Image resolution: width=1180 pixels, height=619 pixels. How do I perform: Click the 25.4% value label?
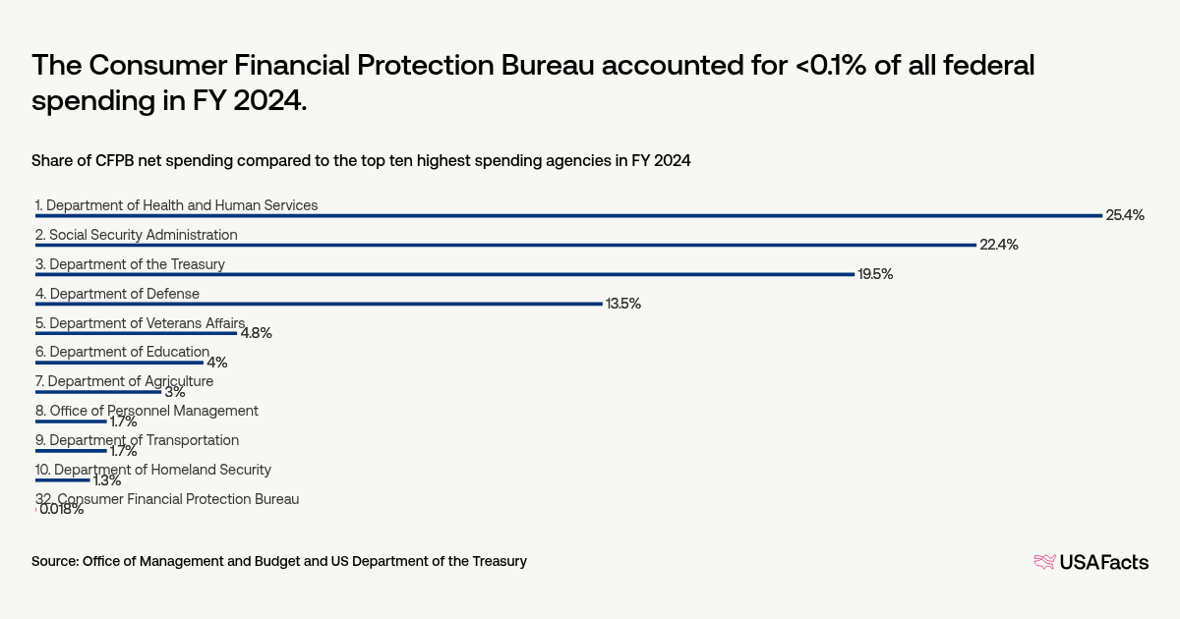(x=1125, y=215)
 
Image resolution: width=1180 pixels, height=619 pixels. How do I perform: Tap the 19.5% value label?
(x=875, y=274)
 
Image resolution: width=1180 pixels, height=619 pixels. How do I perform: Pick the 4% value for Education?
(x=216, y=363)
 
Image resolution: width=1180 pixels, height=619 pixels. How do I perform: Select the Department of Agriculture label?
(x=131, y=381)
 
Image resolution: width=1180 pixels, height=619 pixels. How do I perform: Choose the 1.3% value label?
(x=106, y=480)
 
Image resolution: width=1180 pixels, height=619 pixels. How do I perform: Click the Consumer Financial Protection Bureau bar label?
(x=167, y=499)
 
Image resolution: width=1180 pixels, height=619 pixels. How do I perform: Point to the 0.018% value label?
(x=61, y=510)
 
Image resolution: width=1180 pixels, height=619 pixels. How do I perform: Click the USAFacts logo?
(x=1091, y=562)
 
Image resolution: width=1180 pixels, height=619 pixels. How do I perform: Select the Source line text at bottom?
(x=280, y=561)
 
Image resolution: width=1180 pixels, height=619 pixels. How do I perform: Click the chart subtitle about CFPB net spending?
(x=361, y=161)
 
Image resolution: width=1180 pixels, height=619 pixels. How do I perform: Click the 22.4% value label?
(x=998, y=245)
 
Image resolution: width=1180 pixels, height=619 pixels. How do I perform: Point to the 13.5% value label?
(x=623, y=304)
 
